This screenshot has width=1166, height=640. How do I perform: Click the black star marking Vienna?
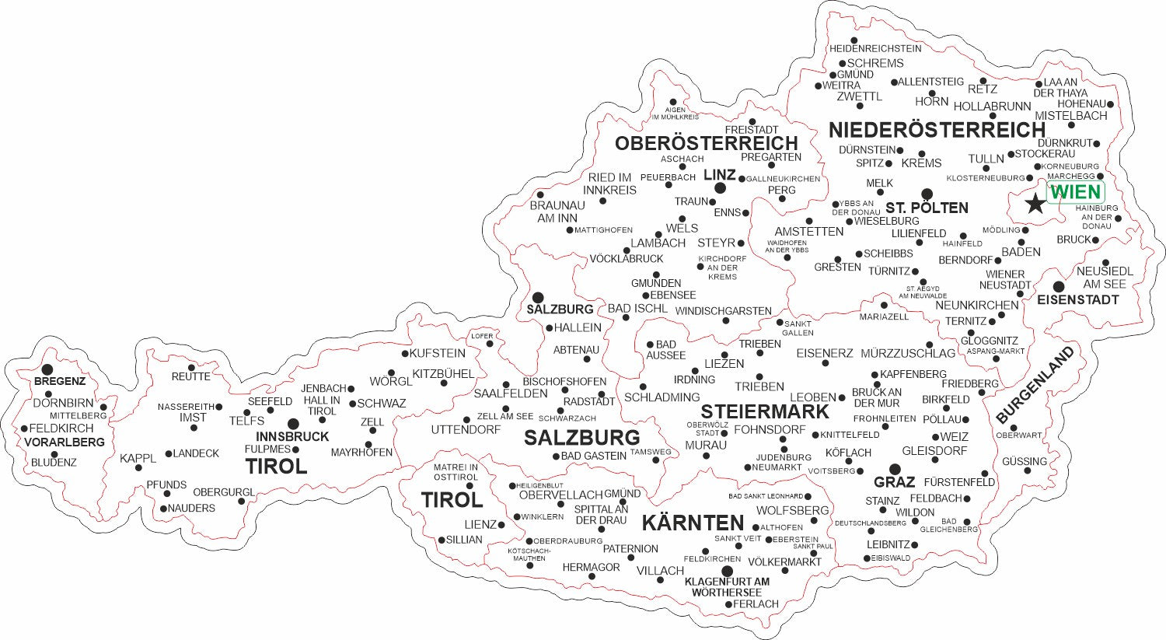1035,204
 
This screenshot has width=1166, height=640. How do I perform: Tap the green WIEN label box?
1075,191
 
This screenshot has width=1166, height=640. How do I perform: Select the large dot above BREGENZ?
47,369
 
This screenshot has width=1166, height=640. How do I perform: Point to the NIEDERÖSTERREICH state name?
937,129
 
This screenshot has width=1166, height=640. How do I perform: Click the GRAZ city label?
894,482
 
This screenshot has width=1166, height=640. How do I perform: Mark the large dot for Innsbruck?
293,424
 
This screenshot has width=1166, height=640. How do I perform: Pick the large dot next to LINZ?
721,188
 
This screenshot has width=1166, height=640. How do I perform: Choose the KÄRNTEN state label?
693,523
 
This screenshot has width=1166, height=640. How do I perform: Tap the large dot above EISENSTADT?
1059,287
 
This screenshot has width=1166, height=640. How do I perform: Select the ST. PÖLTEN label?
927,208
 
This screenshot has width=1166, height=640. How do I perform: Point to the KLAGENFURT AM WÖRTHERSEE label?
727,587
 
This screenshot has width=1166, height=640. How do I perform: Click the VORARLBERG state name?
65,442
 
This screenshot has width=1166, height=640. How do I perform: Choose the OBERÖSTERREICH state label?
706,143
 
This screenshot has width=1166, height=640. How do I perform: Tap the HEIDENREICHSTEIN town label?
875,48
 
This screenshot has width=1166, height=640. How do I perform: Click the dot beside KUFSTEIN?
405,353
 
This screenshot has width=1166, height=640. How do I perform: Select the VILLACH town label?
660,571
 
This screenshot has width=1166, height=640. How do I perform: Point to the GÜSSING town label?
1024,461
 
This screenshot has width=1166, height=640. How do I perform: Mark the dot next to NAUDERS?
163,509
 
